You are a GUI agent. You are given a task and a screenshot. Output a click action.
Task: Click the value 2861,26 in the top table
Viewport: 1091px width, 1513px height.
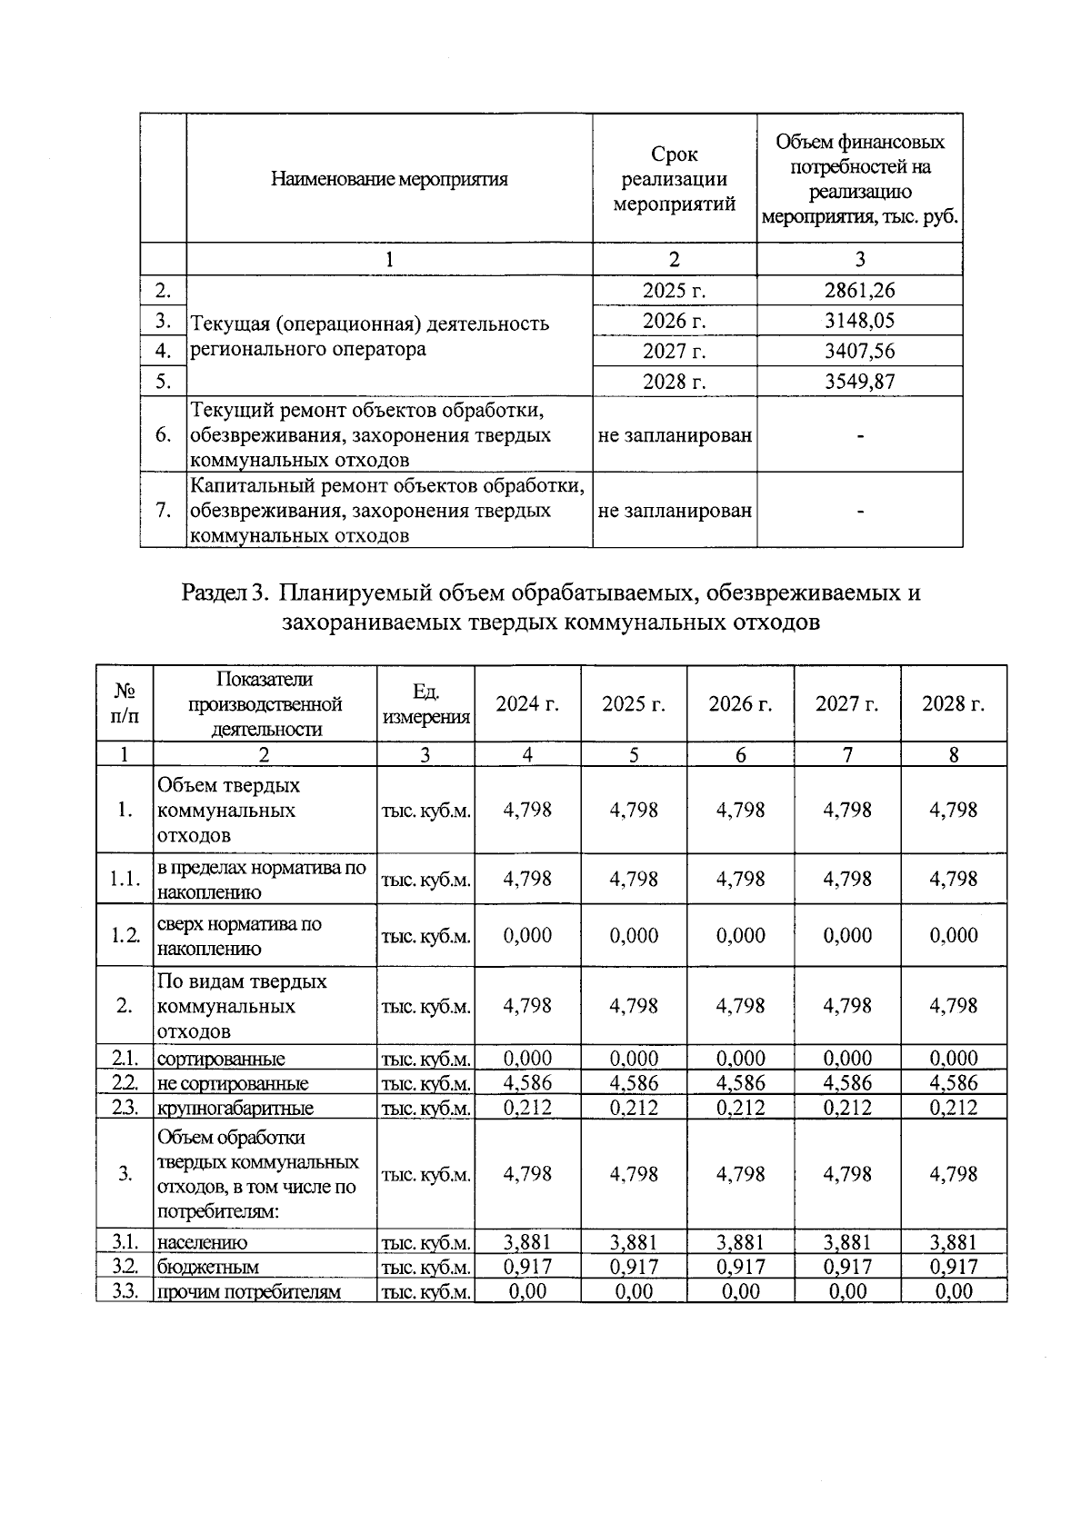click(x=859, y=291)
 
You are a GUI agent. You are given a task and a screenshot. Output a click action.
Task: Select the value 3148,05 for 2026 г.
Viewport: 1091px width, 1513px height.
click(x=859, y=321)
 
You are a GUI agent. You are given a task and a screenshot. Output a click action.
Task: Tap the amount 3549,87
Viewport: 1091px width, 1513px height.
click(x=859, y=381)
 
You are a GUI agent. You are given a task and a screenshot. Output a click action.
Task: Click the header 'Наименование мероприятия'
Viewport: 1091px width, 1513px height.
click(x=389, y=179)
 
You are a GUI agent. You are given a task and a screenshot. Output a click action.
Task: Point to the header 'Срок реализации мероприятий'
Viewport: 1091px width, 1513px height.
click(x=674, y=179)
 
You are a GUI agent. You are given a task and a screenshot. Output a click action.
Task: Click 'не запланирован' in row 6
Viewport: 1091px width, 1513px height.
click(x=675, y=435)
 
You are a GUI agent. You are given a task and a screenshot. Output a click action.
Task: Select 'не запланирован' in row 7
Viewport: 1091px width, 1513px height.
click(x=675, y=511)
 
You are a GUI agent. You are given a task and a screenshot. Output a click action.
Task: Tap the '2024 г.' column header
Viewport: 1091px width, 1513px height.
click(x=527, y=704)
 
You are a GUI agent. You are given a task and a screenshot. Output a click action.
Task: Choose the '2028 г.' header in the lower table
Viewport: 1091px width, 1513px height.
click(x=953, y=704)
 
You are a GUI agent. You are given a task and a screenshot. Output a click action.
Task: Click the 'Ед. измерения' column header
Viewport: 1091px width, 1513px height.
click(x=425, y=704)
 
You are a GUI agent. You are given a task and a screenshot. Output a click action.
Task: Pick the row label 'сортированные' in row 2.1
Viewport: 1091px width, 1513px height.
click(x=221, y=1059)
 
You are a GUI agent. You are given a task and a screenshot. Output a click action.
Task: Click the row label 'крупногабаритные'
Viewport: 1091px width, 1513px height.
click(x=235, y=1108)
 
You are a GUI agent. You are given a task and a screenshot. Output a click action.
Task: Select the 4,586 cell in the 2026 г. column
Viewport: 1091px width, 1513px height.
click(x=740, y=1083)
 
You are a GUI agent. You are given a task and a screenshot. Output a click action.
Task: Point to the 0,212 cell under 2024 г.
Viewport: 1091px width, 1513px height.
click(x=527, y=1108)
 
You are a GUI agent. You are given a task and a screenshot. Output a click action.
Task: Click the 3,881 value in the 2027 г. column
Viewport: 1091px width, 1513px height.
click(x=846, y=1242)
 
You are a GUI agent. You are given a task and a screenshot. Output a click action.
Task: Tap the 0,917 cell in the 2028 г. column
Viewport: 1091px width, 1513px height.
click(x=953, y=1267)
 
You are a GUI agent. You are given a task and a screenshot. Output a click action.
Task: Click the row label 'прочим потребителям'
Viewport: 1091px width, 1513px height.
click(x=248, y=1291)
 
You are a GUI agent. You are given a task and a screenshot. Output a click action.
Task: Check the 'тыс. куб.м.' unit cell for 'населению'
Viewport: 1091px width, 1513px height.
click(x=425, y=1242)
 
